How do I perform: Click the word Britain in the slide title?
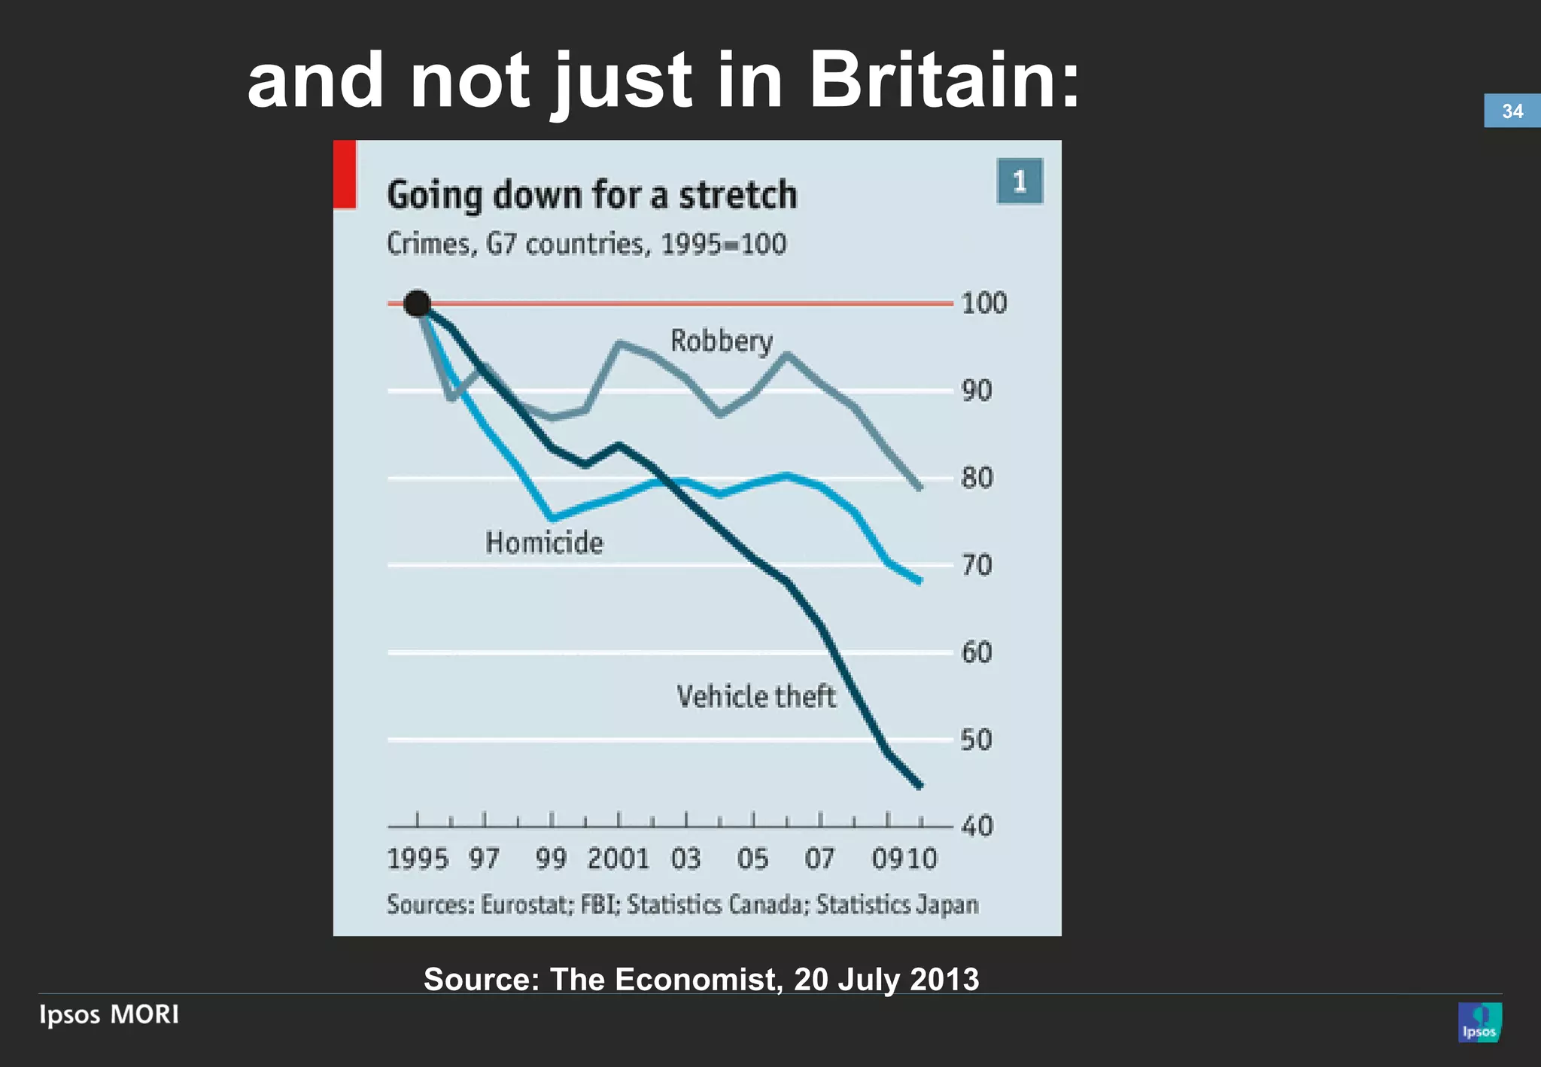pos(944,81)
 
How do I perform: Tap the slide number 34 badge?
pos(1512,111)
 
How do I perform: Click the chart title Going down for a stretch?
pos(591,195)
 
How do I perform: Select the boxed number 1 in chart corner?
pos(1020,181)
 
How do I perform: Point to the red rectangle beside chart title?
pos(345,174)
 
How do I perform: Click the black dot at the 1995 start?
pos(417,303)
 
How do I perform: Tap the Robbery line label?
pos(721,341)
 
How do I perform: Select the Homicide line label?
pos(543,543)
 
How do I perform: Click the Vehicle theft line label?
pos(755,696)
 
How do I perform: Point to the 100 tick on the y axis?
pos(983,303)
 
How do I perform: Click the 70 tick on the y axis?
pos(977,565)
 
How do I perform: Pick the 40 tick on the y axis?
pos(977,826)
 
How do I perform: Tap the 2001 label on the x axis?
pos(618,859)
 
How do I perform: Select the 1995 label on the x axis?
pos(417,859)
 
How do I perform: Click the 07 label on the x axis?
pos(819,859)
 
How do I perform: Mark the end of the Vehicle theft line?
pos(919,786)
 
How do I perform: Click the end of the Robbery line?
pos(919,488)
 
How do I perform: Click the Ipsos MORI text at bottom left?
pos(109,1014)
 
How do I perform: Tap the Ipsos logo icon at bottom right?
pos(1479,1022)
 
